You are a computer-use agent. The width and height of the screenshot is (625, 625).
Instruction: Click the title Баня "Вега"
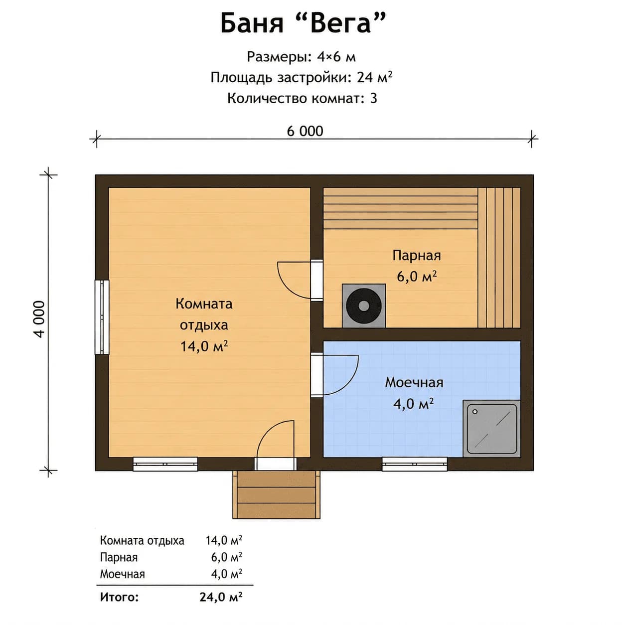(303, 24)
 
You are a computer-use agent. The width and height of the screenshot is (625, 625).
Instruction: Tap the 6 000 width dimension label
(305, 131)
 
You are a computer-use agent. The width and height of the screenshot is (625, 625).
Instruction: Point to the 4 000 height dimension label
(39, 319)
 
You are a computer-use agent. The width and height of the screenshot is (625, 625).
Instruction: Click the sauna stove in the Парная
(364, 306)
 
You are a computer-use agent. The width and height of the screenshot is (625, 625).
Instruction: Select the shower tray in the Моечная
(492, 429)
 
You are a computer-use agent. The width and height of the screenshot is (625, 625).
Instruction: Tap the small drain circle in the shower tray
(475, 412)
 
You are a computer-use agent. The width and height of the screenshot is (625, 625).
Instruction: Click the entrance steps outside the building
(276, 494)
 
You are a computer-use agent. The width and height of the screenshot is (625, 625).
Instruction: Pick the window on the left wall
(102, 317)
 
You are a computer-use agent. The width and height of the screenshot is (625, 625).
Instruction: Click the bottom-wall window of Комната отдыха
(165, 464)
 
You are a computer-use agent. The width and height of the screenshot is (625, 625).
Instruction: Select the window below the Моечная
(415, 464)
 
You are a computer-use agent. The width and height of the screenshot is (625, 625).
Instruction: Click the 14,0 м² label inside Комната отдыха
(204, 346)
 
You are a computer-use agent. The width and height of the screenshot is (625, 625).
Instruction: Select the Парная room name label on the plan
(417, 255)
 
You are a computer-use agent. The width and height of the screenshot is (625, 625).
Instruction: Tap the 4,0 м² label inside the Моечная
(414, 404)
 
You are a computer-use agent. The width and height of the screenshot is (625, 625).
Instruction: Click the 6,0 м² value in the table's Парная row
(226, 557)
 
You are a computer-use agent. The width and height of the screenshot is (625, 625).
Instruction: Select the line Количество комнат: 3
(303, 98)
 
